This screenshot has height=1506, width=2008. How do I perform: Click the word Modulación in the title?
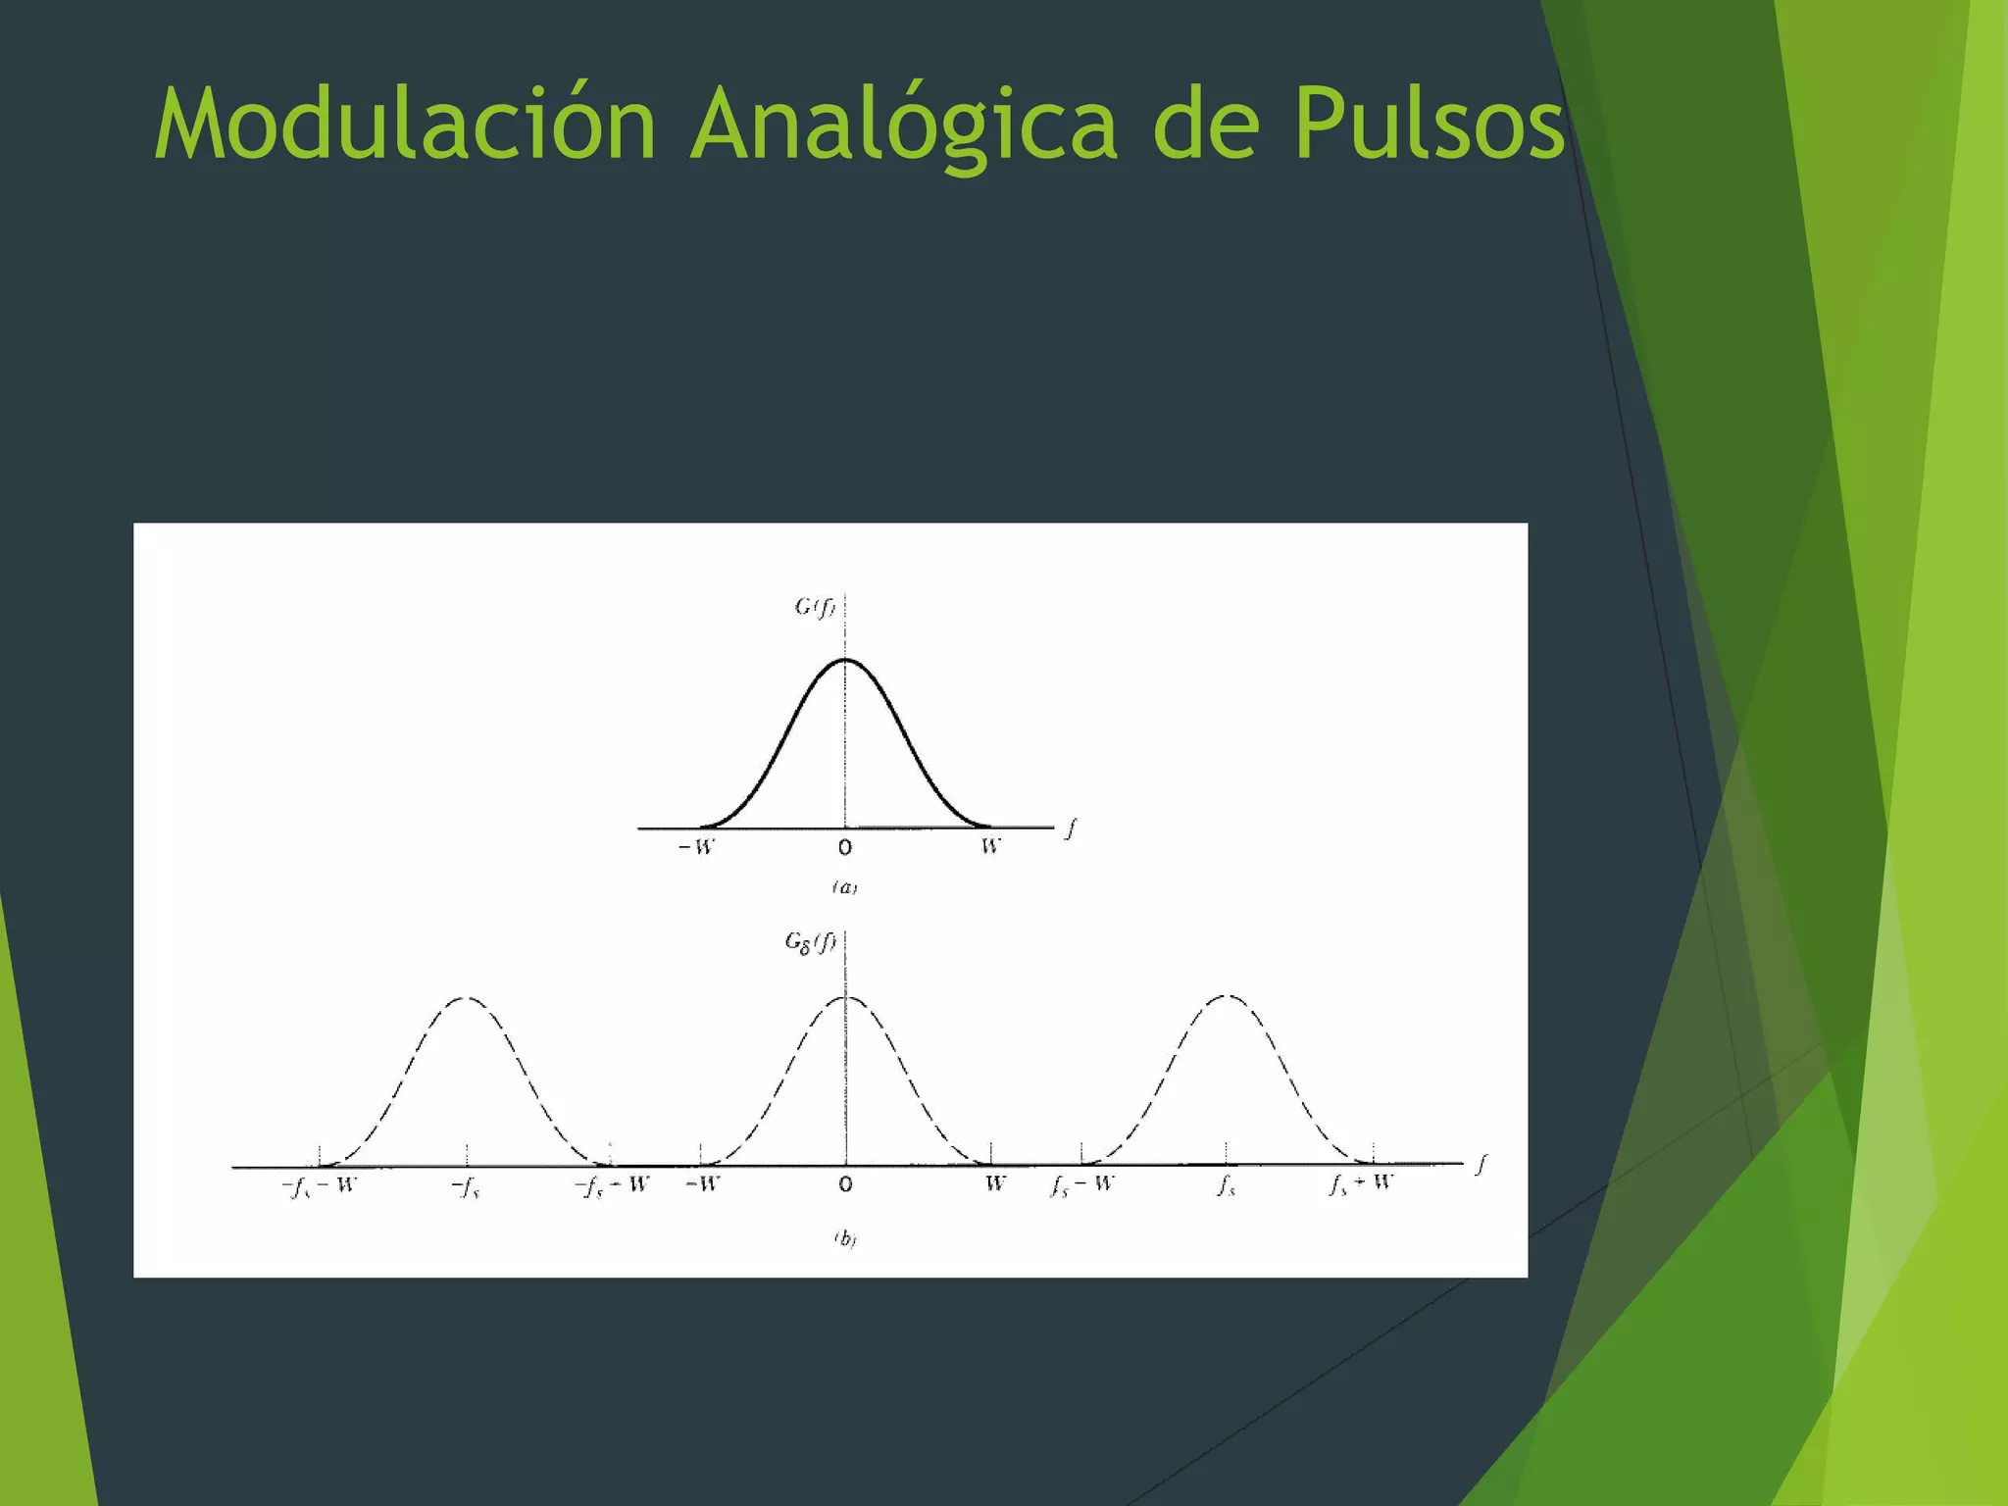(405, 125)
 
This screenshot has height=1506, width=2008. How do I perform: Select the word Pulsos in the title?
(1429, 125)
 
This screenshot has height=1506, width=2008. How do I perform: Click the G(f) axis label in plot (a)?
(815, 607)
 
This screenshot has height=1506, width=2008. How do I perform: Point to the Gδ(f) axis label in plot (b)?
(810, 942)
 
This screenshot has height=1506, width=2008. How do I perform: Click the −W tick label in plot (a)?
(697, 846)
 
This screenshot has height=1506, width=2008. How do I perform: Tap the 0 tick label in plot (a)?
(845, 847)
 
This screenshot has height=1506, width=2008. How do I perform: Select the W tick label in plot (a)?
(991, 846)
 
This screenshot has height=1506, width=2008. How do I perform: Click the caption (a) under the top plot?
(844, 887)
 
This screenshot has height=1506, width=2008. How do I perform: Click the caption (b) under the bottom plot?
(844, 1239)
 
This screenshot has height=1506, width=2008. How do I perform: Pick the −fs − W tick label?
(319, 1186)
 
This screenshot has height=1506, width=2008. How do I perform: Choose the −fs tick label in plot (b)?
(466, 1188)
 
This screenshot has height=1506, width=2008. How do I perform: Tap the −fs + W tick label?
(612, 1186)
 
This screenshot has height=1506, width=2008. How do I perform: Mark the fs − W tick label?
(1081, 1184)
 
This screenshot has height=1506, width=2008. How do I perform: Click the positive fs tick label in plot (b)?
(1227, 1186)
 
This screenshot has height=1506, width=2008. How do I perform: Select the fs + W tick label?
(1361, 1183)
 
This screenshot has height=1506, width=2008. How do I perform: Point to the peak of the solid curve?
(846, 660)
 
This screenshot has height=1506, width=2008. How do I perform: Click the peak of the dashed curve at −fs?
(467, 998)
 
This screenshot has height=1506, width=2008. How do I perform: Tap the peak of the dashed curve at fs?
(1227, 996)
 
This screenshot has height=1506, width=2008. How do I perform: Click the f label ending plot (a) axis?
(1072, 828)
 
